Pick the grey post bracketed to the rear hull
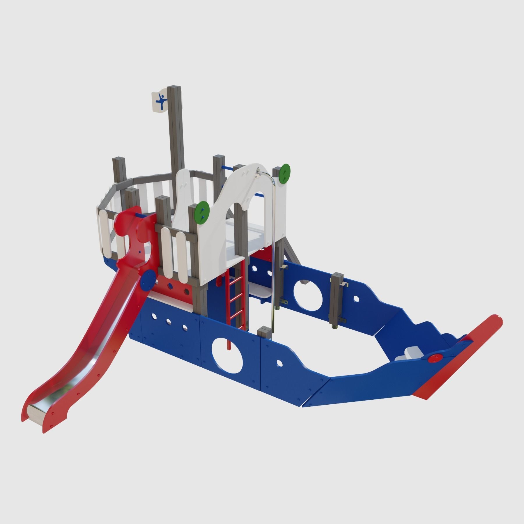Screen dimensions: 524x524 [x=338, y=300]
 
